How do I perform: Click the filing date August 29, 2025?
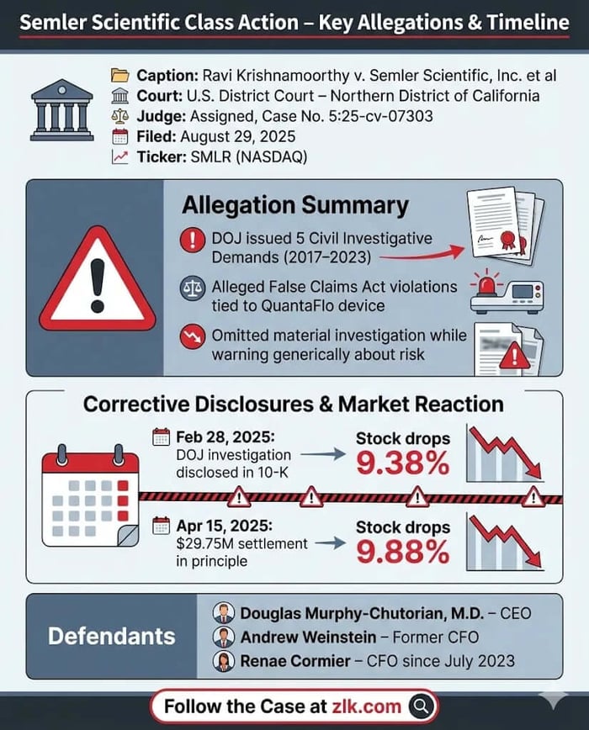coord(253,137)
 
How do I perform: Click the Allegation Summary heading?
coord(295,205)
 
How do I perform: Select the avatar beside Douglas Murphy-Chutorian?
coord(224,613)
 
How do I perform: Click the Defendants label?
coord(111,636)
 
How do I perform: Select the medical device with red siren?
coord(506,292)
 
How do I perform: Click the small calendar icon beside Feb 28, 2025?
coord(161,437)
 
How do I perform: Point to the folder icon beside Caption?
coord(119,76)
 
